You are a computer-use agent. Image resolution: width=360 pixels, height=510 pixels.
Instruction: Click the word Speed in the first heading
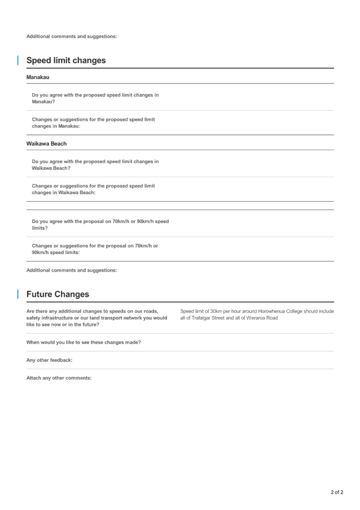pyautogui.click(x=39, y=60)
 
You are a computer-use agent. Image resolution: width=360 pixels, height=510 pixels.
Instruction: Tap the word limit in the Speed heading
pyautogui.click(x=63, y=60)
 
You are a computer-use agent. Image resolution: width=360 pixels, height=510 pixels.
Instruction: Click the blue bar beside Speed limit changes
pyautogui.click(x=18, y=60)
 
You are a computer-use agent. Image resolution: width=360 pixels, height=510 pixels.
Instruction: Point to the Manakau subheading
pyautogui.click(x=38, y=77)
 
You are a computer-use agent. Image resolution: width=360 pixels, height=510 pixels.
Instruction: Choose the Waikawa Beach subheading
pyautogui.click(x=46, y=144)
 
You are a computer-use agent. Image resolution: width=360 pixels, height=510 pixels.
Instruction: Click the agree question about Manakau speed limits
pyautogui.click(x=95, y=98)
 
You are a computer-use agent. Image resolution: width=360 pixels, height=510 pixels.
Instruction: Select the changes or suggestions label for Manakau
pyautogui.click(x=93, y=123)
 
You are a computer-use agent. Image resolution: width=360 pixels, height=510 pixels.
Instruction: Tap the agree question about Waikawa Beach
pyautogui.click(x=95, y=165)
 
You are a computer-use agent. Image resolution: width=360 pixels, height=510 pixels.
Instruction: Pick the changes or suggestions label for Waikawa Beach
pyautogui.click(x=93, y=189)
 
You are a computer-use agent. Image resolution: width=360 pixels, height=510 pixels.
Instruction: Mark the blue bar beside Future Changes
pyautogui.click(x=18, y=294)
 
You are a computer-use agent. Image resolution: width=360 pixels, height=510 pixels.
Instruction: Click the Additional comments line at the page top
pyautogui.click(x=72, y=36)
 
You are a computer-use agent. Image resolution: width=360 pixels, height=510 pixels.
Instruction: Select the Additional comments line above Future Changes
pyautogui.click(x=72, y=270)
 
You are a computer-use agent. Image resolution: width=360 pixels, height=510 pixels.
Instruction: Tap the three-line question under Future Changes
pyautogui.click(x=96, y=318)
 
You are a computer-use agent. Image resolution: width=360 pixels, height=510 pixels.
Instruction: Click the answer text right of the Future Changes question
pyautogui.click(x=257, y=315)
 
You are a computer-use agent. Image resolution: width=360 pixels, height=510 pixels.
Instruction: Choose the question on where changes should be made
pyautogui.click(x=84, y=342)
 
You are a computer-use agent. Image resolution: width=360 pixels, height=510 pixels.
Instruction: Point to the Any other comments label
pyautogui.click(x=49, y=360)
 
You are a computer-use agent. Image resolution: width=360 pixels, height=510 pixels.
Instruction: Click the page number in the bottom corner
pyautogui.click(x=337, y=492)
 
